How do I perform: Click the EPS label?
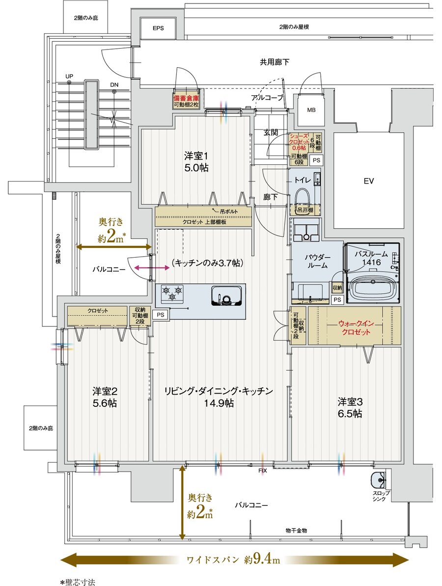click(x=158, y=28)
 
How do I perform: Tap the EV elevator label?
click(x=369, y=181)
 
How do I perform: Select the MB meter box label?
click(x=311, y=109)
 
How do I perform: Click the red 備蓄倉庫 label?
click(x=186, y=97)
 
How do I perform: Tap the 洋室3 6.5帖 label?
click(x=350, y=407)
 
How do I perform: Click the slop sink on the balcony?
click(x=379, y=479)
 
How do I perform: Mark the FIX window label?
click(x=263, y=470)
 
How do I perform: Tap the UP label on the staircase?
click(x=69, y=77)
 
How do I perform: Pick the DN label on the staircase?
click(x=114, y=85)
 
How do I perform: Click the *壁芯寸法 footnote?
click(x=77, y=582)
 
